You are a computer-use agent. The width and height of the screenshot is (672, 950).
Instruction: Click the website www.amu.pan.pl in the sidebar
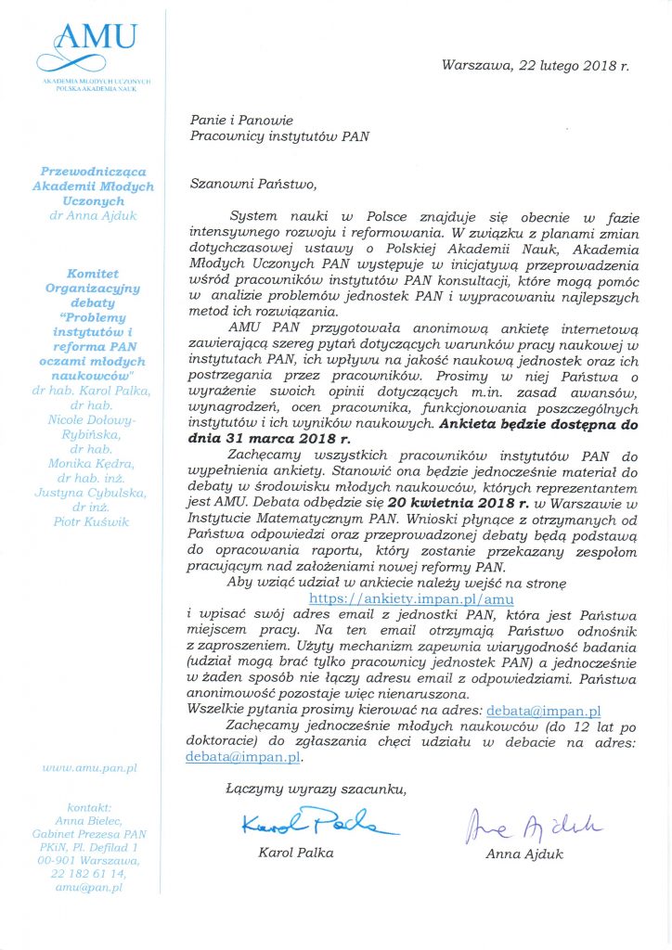[x=90, y=768]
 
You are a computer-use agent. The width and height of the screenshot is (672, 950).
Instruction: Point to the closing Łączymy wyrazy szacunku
[x=315, y=790]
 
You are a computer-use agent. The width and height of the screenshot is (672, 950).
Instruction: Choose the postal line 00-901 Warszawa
[x=89, y=860]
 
